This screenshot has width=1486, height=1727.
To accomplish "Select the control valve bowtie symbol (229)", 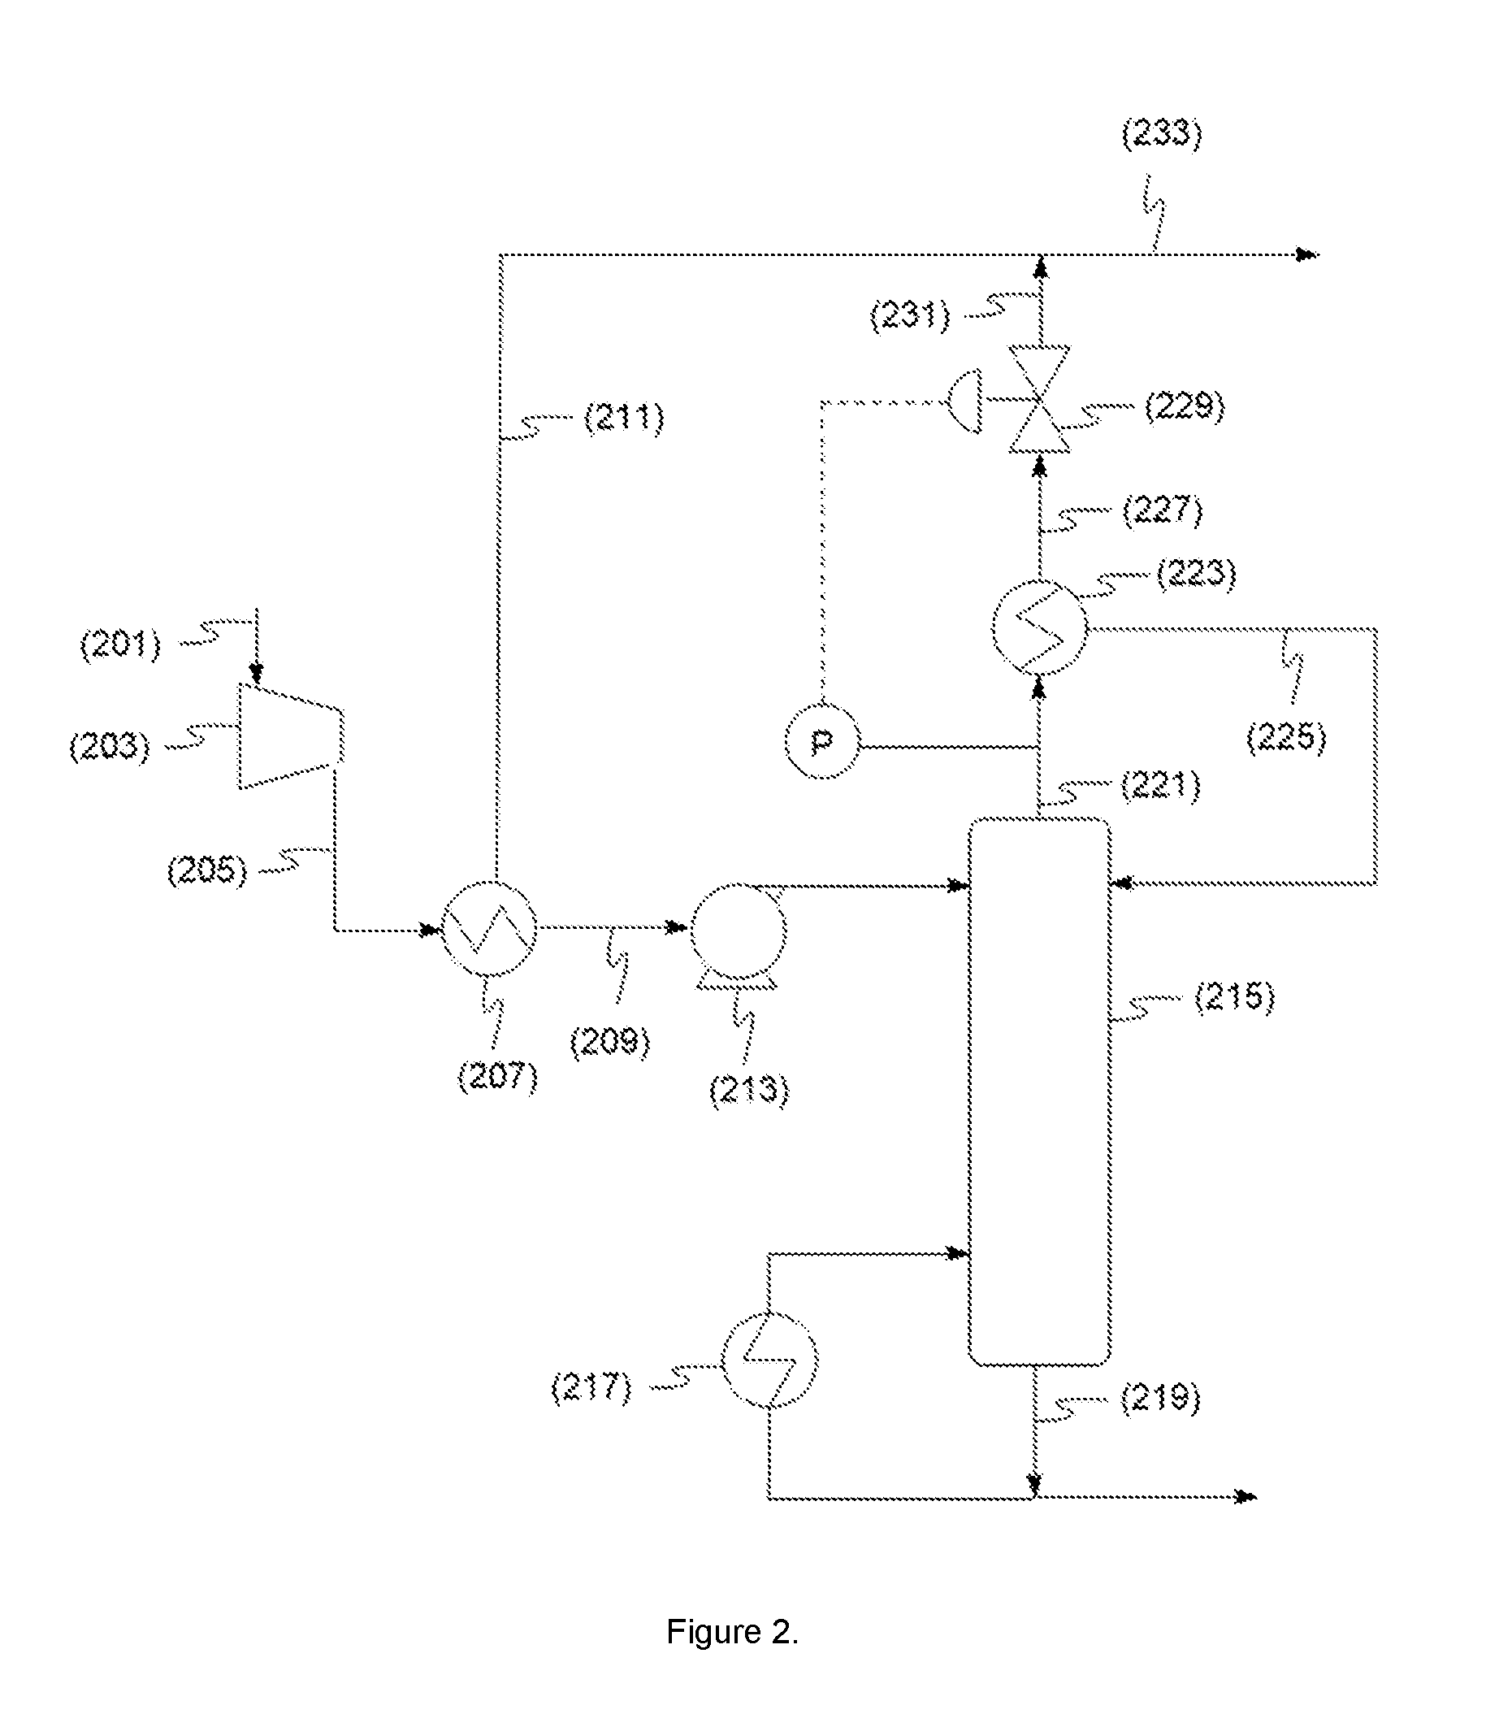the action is [1039, 400].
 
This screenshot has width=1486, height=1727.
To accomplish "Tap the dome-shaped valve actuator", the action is [965, 402].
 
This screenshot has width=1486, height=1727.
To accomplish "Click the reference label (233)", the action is [1162, 134].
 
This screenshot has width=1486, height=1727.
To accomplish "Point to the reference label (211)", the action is [624, 418].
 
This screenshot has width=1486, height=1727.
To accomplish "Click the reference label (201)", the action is [120, 644].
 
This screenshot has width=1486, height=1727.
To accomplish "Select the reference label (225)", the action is [1286, 738].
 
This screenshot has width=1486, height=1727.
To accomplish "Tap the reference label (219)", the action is [1160, 1398].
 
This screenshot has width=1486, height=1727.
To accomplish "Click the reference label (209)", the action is [609, 1042].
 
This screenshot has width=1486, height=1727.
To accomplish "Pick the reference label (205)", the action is [206, 871].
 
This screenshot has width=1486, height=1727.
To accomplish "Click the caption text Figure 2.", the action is [733, 1632].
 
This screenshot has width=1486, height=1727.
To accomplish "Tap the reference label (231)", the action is [909, 316].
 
